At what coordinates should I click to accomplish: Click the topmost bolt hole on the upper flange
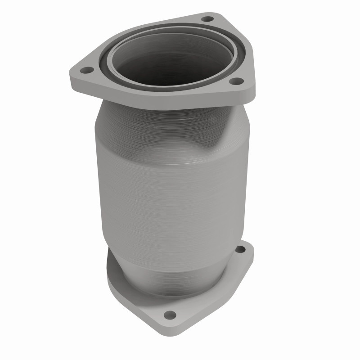point(207,19)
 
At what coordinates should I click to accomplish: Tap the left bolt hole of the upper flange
point(86,70)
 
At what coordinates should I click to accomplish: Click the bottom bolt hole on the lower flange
point(170,314)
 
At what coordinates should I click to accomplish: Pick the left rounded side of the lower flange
point(110,274)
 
